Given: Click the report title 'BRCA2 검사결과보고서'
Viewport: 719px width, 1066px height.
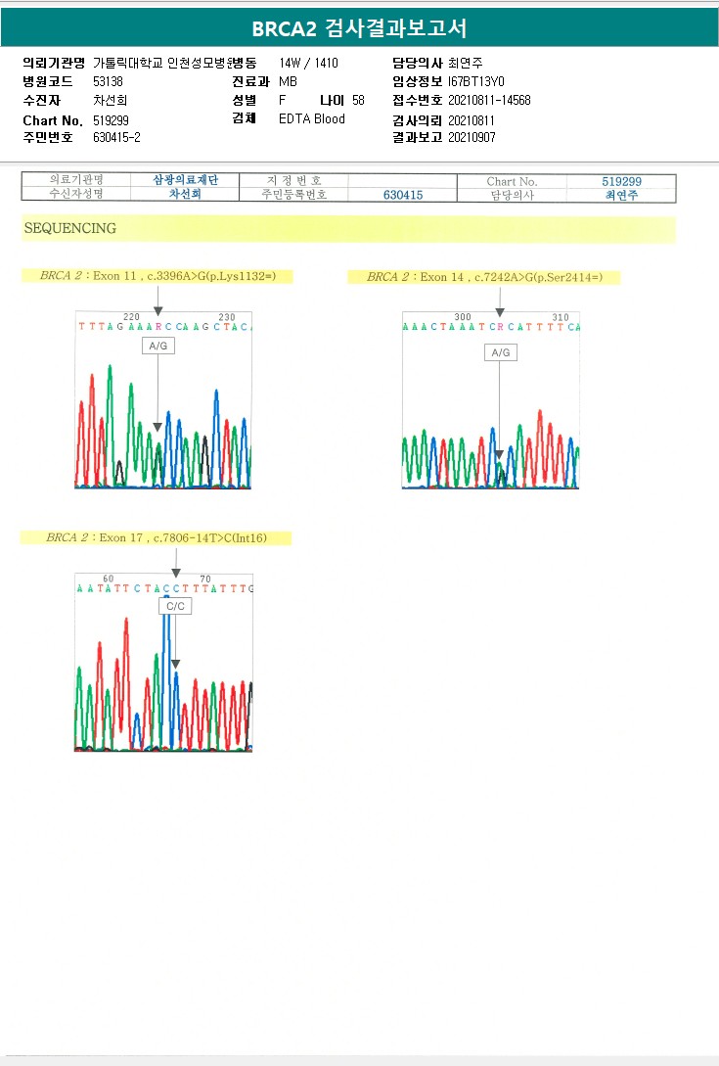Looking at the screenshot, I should coord(359,28).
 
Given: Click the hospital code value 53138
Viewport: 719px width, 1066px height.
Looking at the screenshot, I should coord(108,81).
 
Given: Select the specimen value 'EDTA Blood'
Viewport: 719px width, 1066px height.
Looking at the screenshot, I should coord(312,119).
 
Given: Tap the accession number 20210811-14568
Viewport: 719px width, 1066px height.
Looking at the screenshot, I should coord(489,100).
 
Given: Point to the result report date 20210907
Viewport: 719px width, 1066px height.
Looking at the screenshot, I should coord(472,138).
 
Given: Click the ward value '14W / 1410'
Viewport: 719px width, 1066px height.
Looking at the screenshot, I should coord(308,63).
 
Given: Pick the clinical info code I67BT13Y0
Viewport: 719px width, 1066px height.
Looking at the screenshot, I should coord(476,81).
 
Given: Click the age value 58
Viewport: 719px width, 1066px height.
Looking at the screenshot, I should coord(358,100).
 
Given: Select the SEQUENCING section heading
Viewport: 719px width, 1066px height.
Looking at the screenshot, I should coord(69,228).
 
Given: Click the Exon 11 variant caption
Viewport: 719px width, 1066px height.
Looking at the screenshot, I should coord(158,276).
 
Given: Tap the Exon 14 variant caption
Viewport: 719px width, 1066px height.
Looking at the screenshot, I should coord(485,277).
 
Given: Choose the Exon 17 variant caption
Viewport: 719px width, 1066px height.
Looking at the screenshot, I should coord(156,537).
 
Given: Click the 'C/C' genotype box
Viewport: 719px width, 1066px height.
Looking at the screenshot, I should coord(176,607).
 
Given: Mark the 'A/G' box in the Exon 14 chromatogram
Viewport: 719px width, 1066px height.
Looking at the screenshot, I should coord(500,352).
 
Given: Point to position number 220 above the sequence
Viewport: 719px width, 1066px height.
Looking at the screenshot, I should coord(131,316).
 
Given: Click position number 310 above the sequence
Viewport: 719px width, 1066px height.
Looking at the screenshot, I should coord(560,317).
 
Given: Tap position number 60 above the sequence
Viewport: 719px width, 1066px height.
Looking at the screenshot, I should coord(108,579).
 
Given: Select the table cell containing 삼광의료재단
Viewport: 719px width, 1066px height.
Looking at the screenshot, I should coord(185,181).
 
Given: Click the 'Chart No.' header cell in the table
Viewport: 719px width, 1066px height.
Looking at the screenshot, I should coord(512,181).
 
